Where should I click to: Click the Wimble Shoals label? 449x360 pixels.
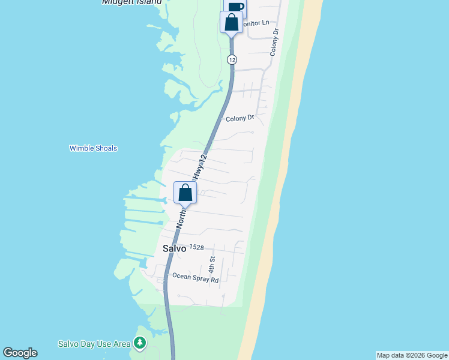pos(93,148)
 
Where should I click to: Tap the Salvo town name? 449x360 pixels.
pos(173,248)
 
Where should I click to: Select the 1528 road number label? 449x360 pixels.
pos(197,247)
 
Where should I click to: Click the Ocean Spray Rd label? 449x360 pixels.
pos(196,277)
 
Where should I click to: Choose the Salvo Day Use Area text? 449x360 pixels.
pos(94,344)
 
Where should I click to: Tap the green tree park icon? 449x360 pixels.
pos(140,343)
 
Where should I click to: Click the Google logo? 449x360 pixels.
pos(20,353)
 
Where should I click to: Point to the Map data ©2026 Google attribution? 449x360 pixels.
pos(412,355)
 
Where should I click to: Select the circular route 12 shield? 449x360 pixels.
pos(232,59)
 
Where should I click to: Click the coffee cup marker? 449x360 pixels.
pos(236,7)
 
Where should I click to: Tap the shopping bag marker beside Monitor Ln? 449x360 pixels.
pos(231,23)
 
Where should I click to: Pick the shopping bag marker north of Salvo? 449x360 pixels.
pos(185,193)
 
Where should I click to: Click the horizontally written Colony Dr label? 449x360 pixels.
pos(240,119)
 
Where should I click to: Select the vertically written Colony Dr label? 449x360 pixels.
pos(275,43)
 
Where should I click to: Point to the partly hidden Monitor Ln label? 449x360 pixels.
pos(255,23)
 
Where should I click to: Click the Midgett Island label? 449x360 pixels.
pos(131,2)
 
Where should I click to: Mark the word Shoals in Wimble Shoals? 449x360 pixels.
pos(106,148)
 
